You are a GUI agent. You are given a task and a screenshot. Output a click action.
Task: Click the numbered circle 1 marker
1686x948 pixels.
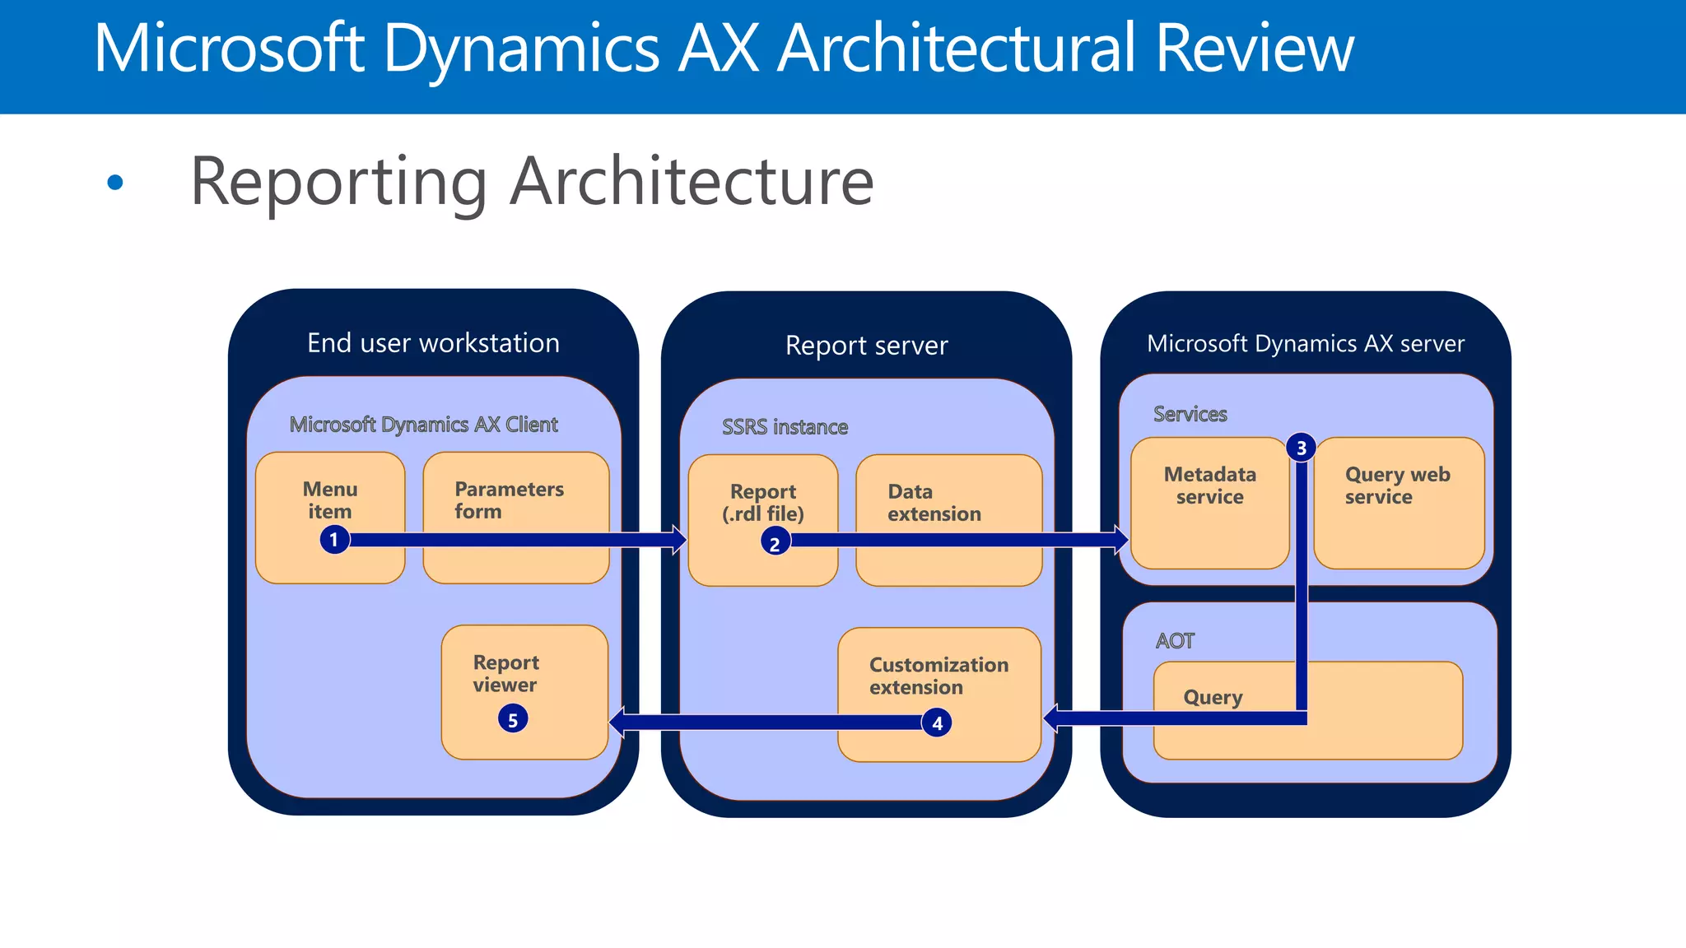click(333, 540)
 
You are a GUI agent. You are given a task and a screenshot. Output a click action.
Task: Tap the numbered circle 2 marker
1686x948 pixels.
click(775, 543)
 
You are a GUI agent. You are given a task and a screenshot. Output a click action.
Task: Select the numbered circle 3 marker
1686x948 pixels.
click(1301, 448)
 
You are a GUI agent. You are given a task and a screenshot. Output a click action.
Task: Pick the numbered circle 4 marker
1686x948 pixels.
click(937, 723)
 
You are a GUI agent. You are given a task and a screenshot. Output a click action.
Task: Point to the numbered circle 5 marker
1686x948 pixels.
click(512, 720)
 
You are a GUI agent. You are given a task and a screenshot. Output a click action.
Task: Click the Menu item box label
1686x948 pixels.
click(330, 500)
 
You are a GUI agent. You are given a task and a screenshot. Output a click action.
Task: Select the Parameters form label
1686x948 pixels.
click(508, 500)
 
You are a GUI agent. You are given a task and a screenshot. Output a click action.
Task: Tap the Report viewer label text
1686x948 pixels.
click(505, 674)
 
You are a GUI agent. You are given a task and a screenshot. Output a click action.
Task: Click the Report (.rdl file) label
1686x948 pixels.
click(763, 503)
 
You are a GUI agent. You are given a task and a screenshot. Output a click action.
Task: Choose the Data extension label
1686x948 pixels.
click(934, 503)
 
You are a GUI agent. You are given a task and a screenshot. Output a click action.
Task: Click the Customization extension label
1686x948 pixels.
click(938, 676)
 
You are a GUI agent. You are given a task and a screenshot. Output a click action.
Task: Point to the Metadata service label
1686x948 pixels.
click(1209, 486)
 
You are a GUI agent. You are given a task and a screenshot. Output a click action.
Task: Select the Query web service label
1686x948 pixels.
click(1397, 486)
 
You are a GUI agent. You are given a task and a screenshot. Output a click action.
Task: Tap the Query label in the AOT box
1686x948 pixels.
click(1213, 697)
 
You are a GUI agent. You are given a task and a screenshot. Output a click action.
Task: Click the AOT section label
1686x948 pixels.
click(1175, 641)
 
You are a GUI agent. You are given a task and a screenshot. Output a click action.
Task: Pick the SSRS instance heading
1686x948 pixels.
click(785, 427)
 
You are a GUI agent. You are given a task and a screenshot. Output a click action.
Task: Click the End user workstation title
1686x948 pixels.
click(433, 343)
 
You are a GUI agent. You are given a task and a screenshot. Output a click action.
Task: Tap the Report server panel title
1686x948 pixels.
click(866, 346)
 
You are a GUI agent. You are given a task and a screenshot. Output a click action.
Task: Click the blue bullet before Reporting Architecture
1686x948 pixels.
click(115, 183)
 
